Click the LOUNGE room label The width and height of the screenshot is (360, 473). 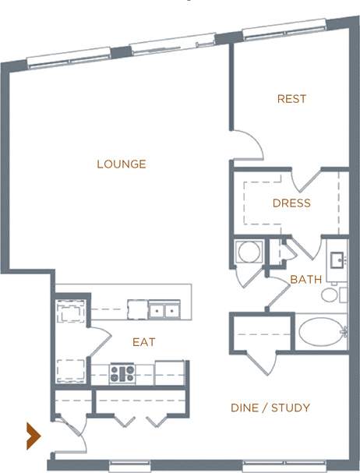(x=122, y=164)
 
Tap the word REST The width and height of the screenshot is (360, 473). (x=291, y=99)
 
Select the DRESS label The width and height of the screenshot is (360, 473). (x=291, y=203)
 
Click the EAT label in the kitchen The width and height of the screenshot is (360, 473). (x=143, y=342)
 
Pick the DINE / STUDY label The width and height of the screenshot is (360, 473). (x=270, y=408)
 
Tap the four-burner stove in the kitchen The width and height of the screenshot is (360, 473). (x=122, y=373)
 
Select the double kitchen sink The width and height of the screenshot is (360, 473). (x=164, y=310)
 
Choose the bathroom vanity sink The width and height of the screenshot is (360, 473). (x=337, y=260)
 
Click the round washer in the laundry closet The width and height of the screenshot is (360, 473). (x=249, y=253)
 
